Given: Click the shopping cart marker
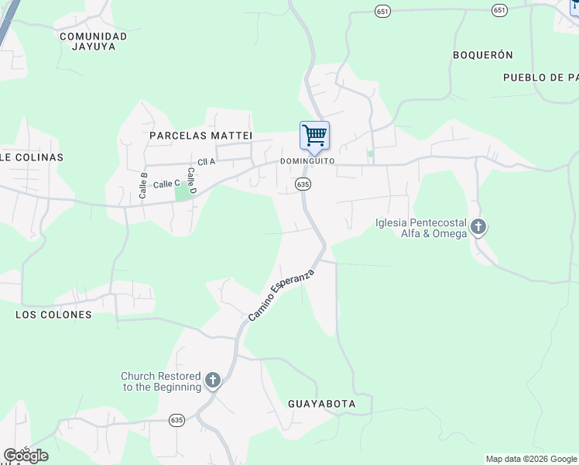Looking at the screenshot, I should (x=314, y=136).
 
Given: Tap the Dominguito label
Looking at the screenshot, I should (x=307, y=161).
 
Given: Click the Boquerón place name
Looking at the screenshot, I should (x=483, y=55).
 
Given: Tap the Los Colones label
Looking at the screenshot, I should (x=53, y=315).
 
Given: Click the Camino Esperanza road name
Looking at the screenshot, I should (x=282, y=295).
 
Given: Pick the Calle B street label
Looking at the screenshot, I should (x=143, y=186).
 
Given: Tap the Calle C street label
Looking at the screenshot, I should (x=166, y=184).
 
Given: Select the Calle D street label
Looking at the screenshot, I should (x=193, y=180).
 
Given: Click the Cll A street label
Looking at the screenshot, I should (x=206, y=162).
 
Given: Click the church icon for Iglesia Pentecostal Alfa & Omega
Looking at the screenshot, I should (x=478, y=227).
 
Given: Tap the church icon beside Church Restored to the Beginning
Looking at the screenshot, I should (x=213, y=381).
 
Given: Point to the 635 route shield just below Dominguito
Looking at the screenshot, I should (x=303, y=184).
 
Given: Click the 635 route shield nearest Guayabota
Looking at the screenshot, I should (x=176, y=419).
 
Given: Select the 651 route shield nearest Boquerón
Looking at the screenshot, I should (x=499, y=10).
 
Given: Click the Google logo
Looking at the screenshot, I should (x=26, y=456).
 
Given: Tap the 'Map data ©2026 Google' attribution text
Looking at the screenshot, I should (x=531, y=459).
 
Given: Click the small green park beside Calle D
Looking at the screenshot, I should (x=183, y=191).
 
